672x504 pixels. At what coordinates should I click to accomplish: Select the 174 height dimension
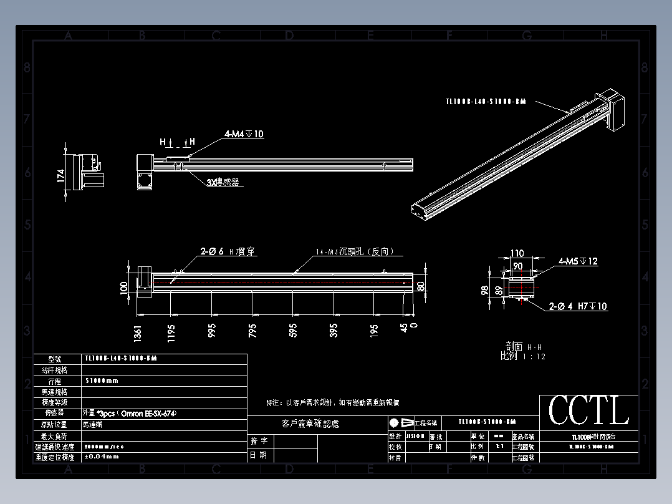tap(61, 176)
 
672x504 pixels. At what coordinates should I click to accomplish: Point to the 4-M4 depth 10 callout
tap(244, 134)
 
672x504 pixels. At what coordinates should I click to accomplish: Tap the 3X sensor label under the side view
tap(223, 182)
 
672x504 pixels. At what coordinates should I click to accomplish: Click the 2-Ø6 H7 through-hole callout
tap(228, 252)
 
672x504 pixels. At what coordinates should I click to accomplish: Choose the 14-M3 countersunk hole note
tap(354, 252)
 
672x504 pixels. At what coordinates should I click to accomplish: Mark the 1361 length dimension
tap(137, 333)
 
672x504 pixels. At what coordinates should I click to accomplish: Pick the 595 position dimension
tap(293, 330)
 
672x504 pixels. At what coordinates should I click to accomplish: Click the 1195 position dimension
tap(171, 332)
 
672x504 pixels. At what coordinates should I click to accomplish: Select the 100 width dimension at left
tap(123, 287)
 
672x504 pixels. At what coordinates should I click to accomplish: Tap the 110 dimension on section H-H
tap(517, 253)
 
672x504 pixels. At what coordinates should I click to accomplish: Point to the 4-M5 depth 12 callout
tap(578, 261)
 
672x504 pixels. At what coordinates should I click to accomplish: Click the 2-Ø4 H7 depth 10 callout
tap(578, 306)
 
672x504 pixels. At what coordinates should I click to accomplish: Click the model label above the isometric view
tap(486, 101)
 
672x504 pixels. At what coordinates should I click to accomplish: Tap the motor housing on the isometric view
tap(619, 110)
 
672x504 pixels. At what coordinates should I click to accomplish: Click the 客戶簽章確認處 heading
tap(310, 424)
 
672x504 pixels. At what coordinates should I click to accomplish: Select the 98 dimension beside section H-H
tap(484, 290)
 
